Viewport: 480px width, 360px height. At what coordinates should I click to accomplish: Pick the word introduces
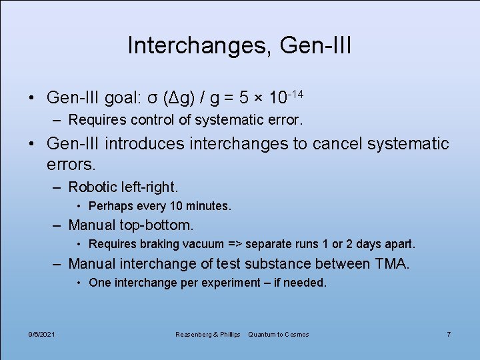tap(145, 143)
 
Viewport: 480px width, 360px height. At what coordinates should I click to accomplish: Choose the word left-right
tap(150, 187)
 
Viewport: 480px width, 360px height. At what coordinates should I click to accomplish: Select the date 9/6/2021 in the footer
tap(42, 334)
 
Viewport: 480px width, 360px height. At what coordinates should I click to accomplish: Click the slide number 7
tap(449, 334)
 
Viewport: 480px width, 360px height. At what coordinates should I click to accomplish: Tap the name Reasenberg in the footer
tap(192, 334)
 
